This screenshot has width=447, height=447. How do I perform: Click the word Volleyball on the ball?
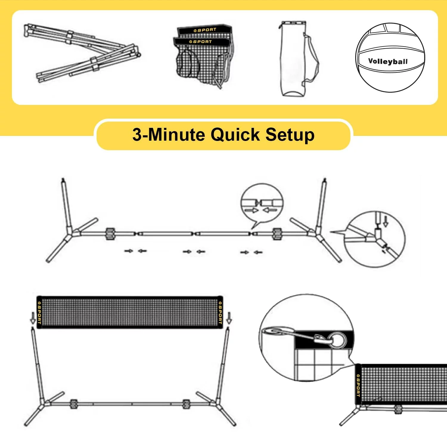[388, 61]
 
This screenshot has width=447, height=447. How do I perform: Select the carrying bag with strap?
[298, 58]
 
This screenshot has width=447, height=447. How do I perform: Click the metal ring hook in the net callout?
[338, 340]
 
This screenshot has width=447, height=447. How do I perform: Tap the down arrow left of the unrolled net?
[33, 319]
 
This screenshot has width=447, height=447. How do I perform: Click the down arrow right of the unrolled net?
[229, 318]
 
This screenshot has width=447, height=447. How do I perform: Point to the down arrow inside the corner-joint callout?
[386, 221]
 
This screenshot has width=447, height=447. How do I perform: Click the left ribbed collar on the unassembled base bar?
[110, 234]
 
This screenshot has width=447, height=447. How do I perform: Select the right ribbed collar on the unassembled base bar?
[277, 234]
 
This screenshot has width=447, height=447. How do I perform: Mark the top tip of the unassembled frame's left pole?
[63, 179]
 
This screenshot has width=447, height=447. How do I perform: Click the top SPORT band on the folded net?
[204, 30]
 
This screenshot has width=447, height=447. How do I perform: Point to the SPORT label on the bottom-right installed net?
[358, 385]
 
